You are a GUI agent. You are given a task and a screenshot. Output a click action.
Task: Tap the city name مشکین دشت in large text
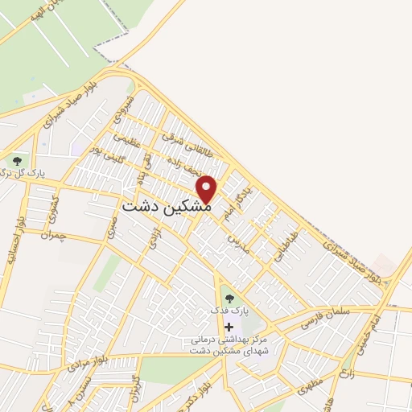point(167,206)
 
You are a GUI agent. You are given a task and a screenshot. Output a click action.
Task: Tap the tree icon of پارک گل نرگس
point(17,161)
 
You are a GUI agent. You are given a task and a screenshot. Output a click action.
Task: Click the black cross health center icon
point(230,327)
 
